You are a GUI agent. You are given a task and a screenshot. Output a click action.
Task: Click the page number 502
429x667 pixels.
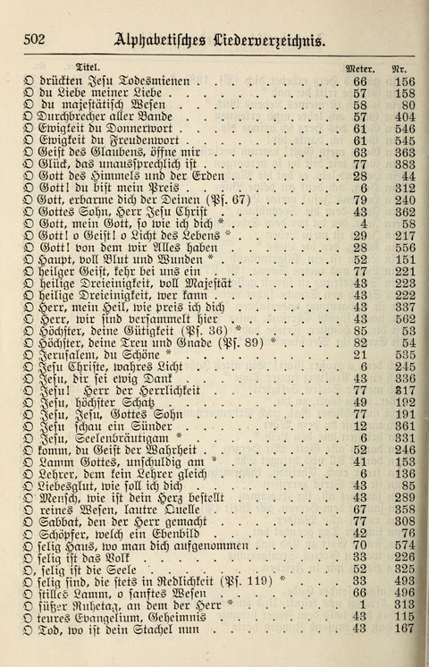[x=36, y=38]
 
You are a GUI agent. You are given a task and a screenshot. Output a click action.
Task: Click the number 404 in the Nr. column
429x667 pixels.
[x=404, y=117]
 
